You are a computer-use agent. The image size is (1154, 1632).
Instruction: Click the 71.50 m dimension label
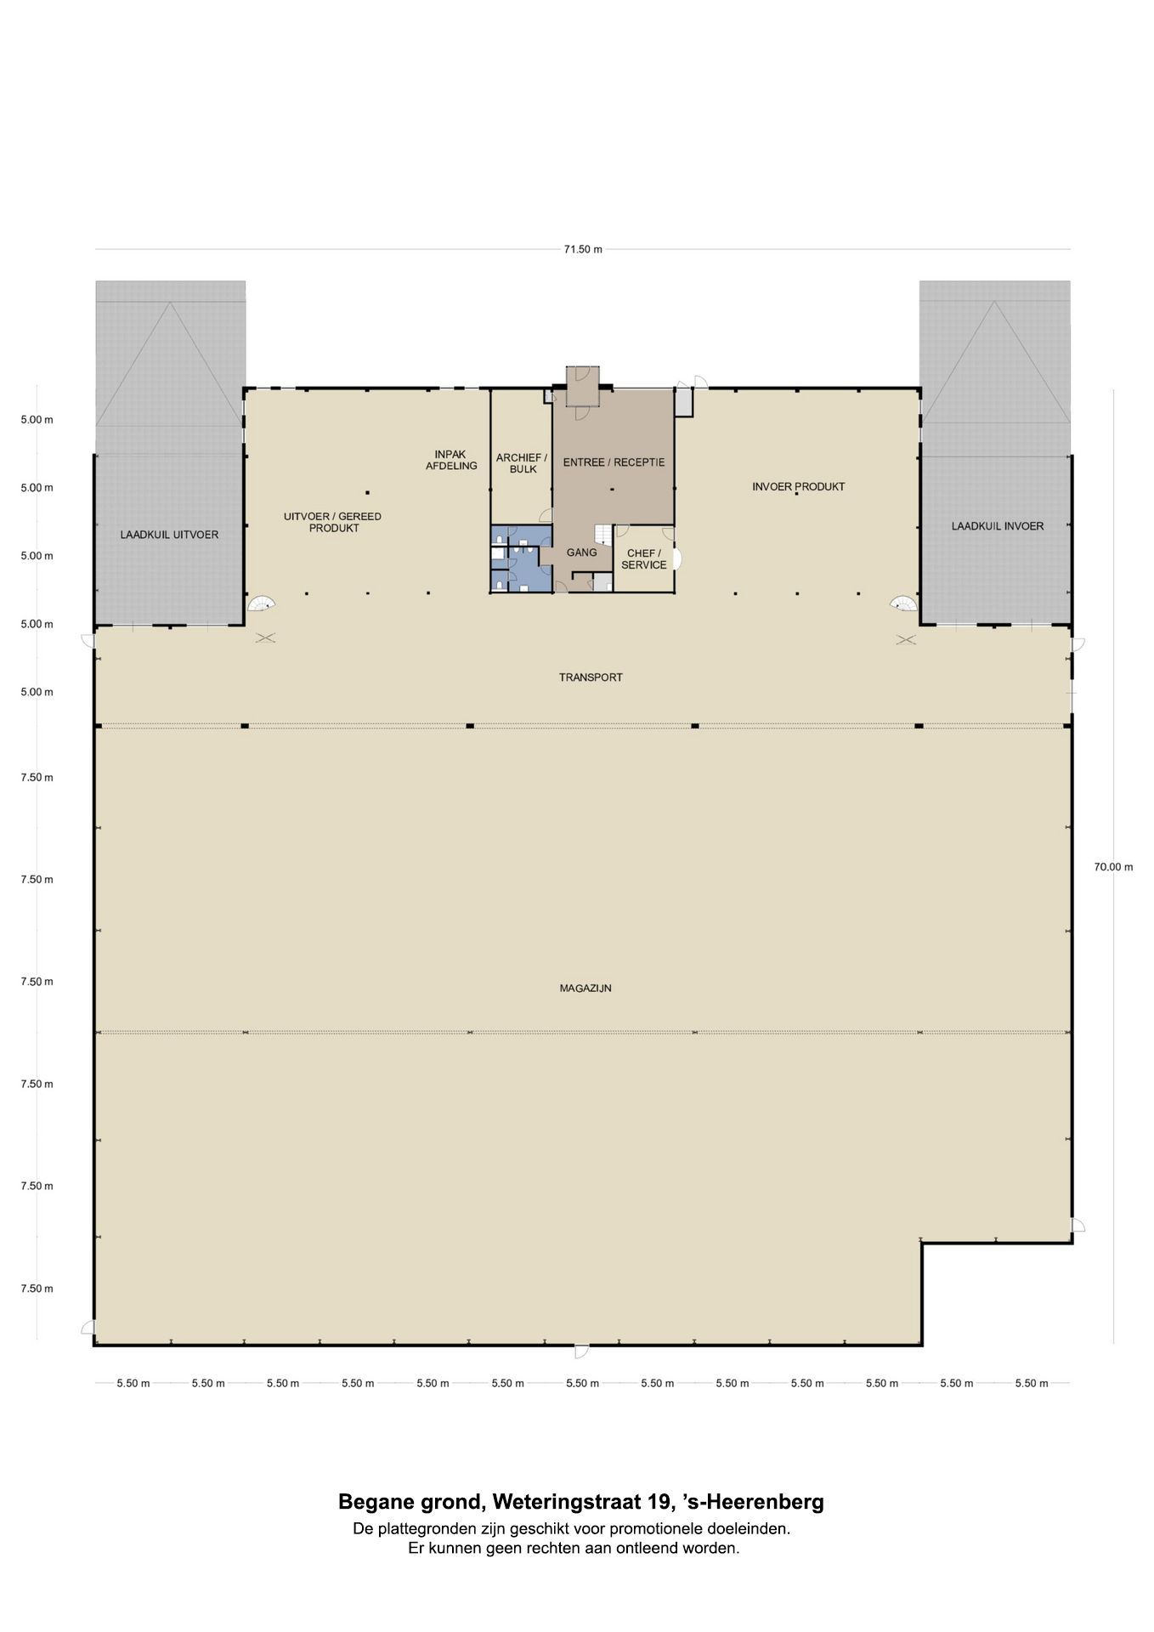(583, 249)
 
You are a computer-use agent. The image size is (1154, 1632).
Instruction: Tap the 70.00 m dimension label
(1113, 867)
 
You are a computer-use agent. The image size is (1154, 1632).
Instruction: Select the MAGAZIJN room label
(585, 989)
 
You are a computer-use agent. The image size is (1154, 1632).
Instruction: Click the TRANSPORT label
(591, 677)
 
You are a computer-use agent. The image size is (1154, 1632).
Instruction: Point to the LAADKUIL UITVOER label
(169, 535)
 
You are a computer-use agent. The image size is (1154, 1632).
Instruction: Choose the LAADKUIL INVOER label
(998, 526)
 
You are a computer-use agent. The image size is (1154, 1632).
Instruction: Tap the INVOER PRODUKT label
(799, 487)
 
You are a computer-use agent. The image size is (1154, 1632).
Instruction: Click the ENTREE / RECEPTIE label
(614, 462)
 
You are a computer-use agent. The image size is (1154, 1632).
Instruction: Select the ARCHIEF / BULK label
(522, 463)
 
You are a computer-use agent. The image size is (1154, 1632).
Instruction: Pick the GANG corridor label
(582, 552)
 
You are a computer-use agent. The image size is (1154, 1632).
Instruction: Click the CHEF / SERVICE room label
(644, 559)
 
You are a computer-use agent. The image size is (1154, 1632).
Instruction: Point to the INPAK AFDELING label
(451, 460)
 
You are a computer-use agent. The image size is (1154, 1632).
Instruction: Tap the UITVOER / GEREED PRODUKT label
(333, 522)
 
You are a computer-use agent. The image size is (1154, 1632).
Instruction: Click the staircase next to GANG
(602, 534)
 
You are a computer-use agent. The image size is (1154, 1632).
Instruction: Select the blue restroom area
(521, 558)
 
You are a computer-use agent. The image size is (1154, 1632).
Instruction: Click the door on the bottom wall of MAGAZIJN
(582, 1351)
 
